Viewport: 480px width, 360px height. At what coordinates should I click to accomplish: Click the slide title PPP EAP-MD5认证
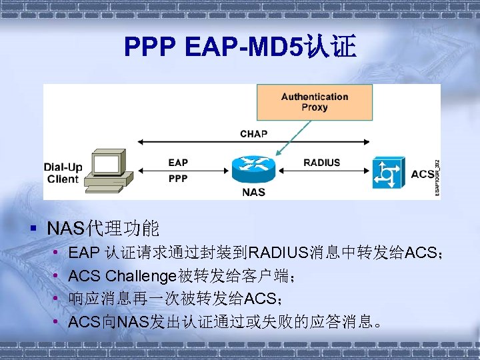coord(240,47)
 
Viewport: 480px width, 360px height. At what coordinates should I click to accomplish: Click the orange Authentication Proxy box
coord(314,102)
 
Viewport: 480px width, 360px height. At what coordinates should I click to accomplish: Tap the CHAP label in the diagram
coord(253,134)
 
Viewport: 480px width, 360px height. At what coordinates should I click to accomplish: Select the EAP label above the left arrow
coord(178,163)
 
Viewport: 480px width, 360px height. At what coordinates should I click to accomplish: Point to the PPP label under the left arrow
coord(178,179)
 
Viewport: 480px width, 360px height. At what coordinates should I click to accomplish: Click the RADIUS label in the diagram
coord(321,163)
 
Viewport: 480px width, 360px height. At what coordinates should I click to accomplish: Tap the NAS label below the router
coord(253,192)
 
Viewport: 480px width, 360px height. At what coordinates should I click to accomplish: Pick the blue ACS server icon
coord(387,173)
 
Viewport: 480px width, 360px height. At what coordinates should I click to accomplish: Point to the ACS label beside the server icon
coord(421,174)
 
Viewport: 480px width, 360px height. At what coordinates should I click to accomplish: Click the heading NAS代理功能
coord(103,229)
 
